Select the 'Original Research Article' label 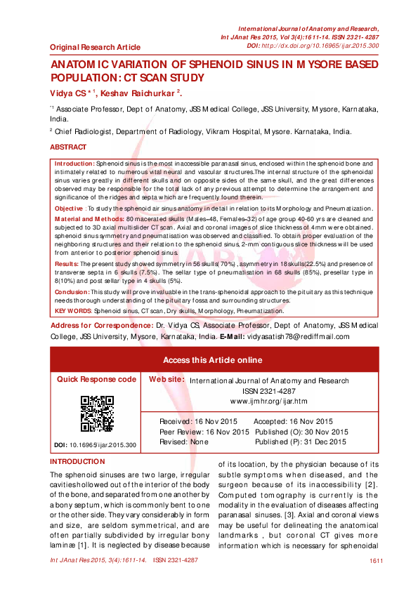(x=95, y=47)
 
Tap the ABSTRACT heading (x=68, y=147)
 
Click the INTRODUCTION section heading (x=77, y=461)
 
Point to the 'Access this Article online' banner (x=212, y=359)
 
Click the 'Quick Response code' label (x=96, y=379)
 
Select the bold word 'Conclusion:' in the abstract (x=71, y=291)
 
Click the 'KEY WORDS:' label (x=73, y=310)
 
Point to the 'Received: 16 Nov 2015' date (x=199, y=421)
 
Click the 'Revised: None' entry (x=184, y=442)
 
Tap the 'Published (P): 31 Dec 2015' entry (x=301, y=442)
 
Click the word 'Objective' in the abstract (x=69, y=209)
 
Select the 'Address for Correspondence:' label (x=100, y=327)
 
